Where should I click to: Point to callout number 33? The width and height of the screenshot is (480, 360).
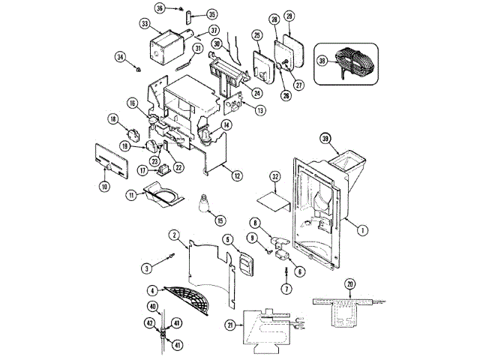pos(145,24)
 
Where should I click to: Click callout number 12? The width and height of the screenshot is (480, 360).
pos(236,175)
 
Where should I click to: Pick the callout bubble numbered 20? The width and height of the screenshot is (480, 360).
pos(349,283)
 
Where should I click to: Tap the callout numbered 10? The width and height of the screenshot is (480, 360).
pos(104,185)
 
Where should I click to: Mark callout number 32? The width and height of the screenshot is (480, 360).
pos(276,177)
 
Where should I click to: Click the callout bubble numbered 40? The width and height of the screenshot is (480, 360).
pos(152,306)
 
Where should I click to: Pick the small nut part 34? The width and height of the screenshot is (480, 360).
pos(140,69)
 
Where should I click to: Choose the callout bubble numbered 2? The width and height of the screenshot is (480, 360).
pos(174,235)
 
